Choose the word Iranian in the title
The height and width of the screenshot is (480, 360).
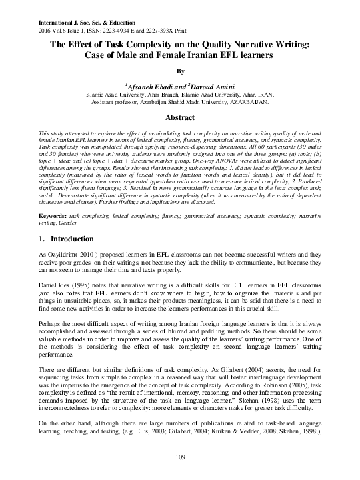pyautogui.click(x=215, y=57)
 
